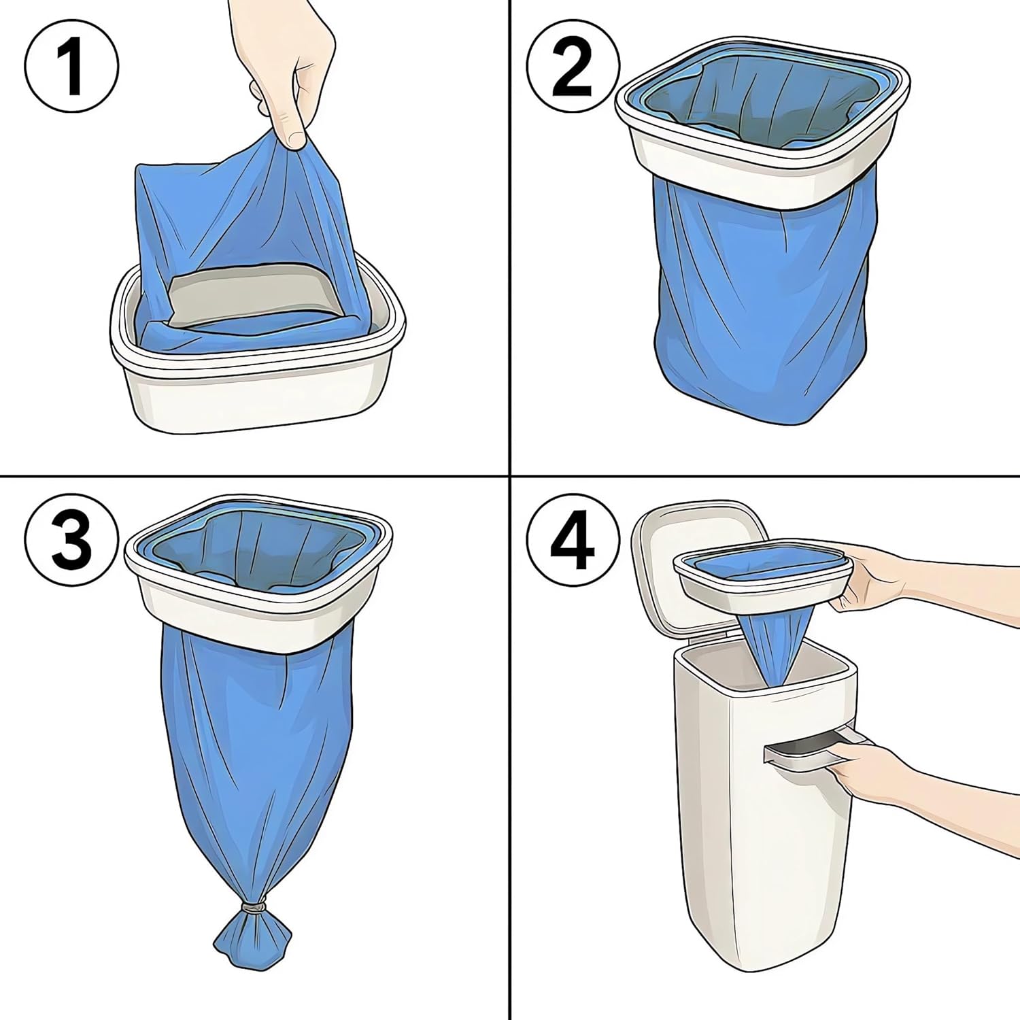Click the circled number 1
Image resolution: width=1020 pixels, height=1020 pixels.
pyautogui.click(x=72, y=66)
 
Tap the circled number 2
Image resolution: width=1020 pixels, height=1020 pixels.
pyautogui.click(x=573, y=66)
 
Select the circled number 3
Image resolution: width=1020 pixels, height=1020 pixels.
pyautogui.click(x=72, y=541)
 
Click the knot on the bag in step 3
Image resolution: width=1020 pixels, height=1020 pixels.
pyautogui.click(x=254, y=908)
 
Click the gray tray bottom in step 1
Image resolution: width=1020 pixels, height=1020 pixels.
pyautogui.click(x=255, y=299)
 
